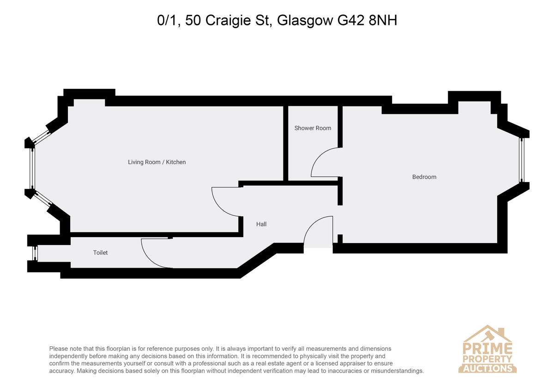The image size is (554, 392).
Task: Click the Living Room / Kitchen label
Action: coord(157,162)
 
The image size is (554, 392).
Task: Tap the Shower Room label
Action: coord(313,128)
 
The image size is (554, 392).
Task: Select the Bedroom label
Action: coord(424,177)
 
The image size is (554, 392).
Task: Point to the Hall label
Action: coord(261,224)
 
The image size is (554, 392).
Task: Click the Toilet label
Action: coord(101,252)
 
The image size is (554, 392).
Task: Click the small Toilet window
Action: coord(35,253)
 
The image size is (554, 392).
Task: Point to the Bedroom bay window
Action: coord(522,160)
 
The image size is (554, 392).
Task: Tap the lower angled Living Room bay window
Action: coord(43,199)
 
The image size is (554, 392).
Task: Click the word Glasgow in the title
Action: coord(305,21)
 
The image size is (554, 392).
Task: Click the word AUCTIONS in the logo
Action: coord(487,368)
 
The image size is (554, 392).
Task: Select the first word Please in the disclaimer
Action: coord(58,349)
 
